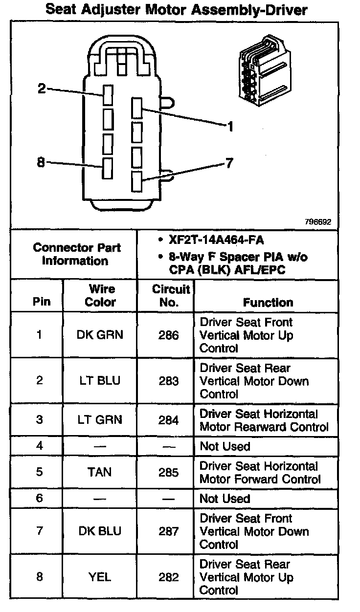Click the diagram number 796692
[317, 221]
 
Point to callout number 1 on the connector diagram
[230, 127]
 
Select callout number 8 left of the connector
[41, 162]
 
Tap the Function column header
[268, 303]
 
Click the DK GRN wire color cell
[100, 335]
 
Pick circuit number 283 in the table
[168, 381]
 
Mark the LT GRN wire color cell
[100, 420]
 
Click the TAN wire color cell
[100, 472]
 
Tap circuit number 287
[168, 531]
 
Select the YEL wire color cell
[100, 577]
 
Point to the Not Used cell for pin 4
[225, 446]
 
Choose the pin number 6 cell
[40, 498]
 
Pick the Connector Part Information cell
[77, 254]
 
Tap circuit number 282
[168, 577]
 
